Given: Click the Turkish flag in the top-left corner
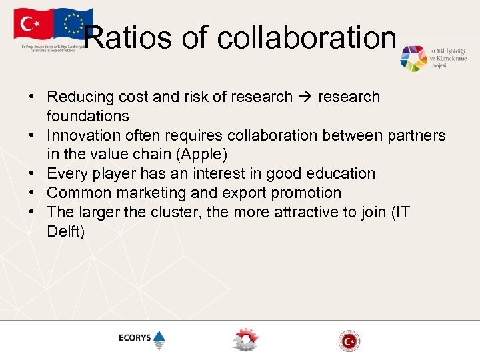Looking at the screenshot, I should (x=33, y=25).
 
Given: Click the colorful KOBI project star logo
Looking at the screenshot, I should (x=413, y=59).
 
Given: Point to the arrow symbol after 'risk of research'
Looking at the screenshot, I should (x=305, y=97).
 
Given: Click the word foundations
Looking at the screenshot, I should (x=87, y=116).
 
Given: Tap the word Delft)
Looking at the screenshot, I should (x=65, y=232).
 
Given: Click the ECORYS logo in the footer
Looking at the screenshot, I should (x=141, y=339).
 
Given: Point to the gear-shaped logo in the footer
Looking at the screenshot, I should (x=245, y=339).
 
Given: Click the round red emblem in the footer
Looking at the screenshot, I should (x=349, y=341).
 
